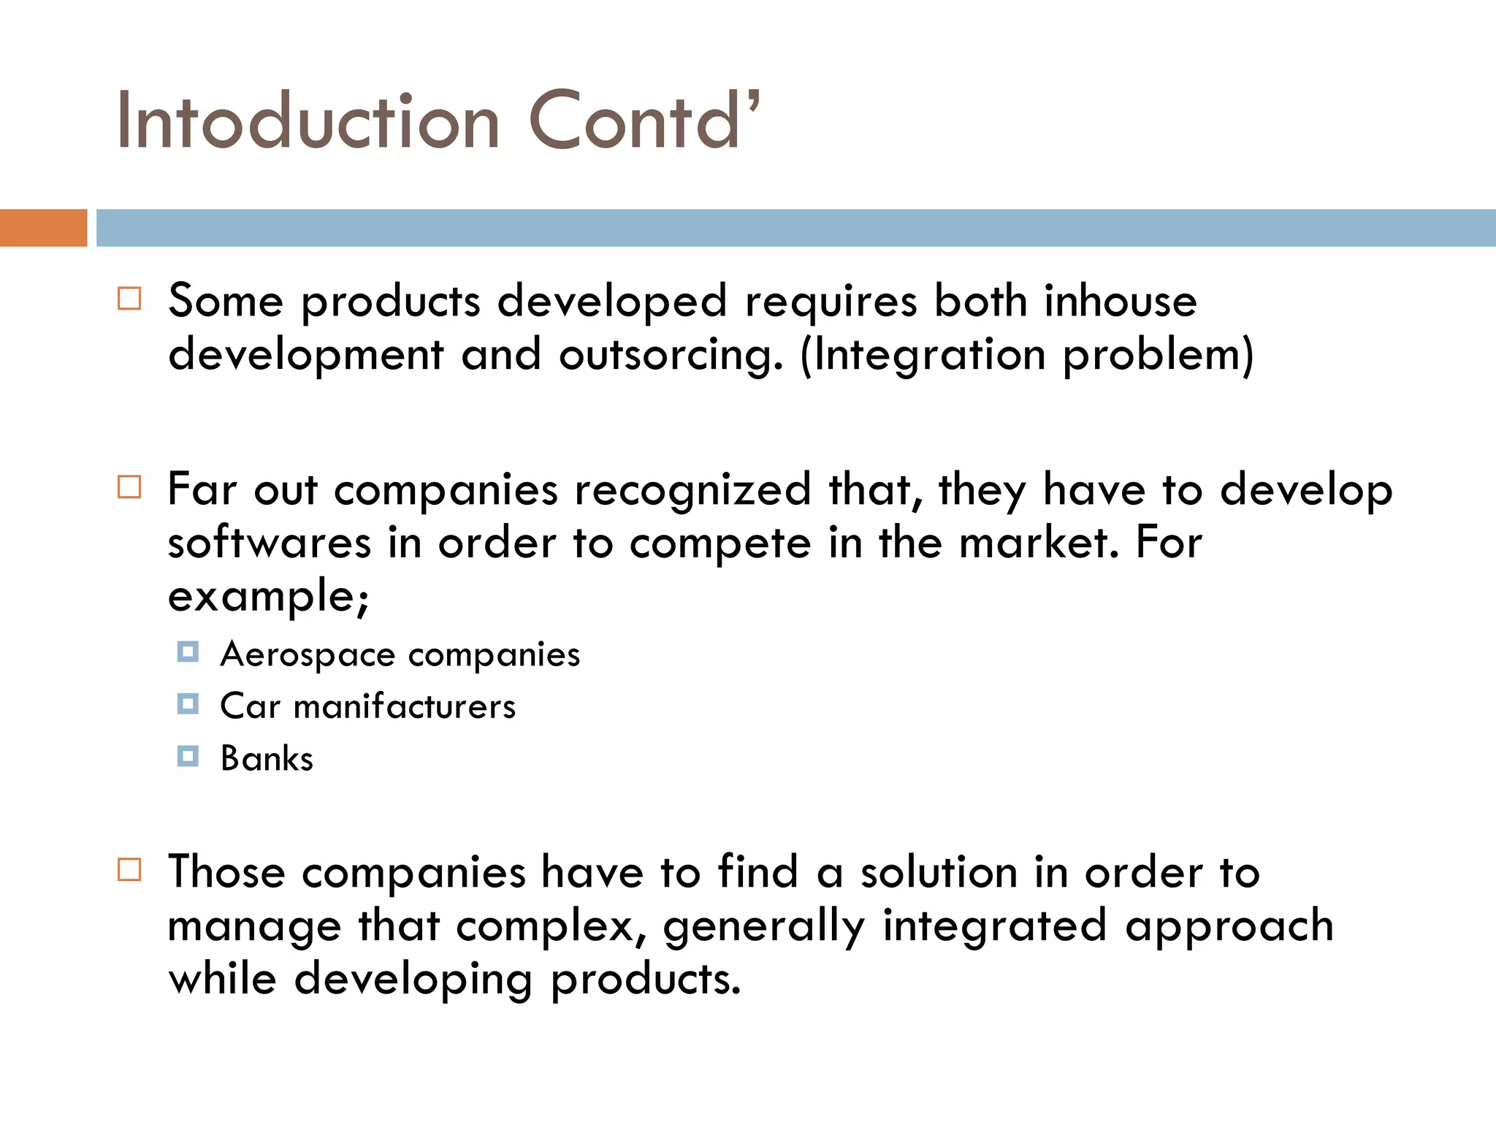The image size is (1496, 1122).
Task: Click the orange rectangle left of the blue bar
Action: click(x=43, y=228)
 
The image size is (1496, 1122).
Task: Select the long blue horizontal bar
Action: click(x=795, y=228)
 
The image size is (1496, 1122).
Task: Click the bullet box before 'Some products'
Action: click(x=129, y=299)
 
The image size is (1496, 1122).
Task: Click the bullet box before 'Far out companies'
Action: click(x=129, y=487)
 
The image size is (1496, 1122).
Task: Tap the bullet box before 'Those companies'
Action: click(x=129, y=870)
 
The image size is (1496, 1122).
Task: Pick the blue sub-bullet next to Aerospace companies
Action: click(x=188, y=652)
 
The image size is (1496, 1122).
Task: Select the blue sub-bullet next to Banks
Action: click(x=188, y=756)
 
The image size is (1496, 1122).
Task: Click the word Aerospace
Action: click(x=308, y=654)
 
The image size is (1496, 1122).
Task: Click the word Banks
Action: click(x=267, y=759)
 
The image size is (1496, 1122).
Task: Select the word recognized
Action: click(x=692, y=489)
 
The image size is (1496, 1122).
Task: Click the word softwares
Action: click(x=270, y=543)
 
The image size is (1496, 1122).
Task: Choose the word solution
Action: click(x=939, y=872)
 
